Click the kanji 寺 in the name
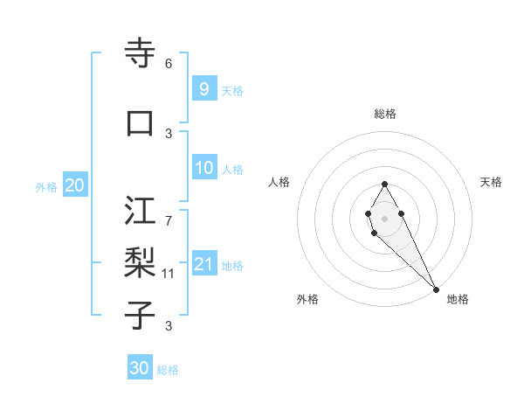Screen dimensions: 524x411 [140, 54]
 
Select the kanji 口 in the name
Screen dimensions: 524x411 [140, 123]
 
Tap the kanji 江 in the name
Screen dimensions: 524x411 [140, 211]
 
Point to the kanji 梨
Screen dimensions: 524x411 [140, 262]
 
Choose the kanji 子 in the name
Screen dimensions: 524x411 [140, 316]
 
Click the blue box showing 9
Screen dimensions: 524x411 [203, 88]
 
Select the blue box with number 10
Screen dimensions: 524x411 [203, 168]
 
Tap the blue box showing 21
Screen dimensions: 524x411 [203, 264]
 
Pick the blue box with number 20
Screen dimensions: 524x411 [74, 185]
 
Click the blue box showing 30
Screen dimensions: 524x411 [140, 368]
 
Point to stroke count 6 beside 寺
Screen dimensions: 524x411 [169, 63]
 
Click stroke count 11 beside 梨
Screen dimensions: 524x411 [169, 274]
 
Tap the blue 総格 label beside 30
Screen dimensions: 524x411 [168, 370]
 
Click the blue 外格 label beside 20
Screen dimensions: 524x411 [46, 186]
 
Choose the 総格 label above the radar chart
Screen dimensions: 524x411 [385, 114]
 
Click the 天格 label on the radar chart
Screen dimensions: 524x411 [491, 182]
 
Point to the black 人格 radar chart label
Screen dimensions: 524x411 [279, 182]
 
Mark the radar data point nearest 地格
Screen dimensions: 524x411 [435, 289]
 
